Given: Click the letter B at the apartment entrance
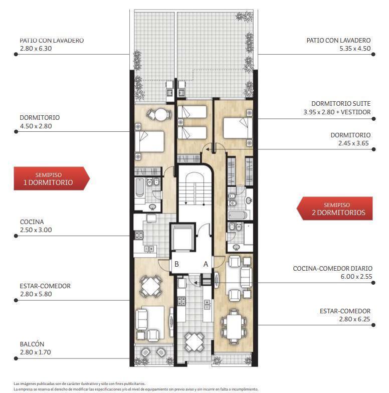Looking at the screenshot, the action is (x=176, y=264).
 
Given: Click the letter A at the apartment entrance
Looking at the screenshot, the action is (x=206, y=264).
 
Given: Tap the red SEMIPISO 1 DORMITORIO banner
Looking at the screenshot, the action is (x=52, y=178).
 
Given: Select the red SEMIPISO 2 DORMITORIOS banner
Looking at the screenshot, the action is (x=335, y=209).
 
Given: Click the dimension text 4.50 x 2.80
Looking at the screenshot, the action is (x=36, y=126).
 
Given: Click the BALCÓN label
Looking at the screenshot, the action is (x=32, y=344).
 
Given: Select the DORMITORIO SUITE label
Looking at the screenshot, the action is (x=341, y=103).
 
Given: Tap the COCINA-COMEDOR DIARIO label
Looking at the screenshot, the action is (x=333, y=269).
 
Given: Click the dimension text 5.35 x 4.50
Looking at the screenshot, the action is (x=355, y=48).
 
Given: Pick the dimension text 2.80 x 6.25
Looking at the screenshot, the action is (x=354, y=319).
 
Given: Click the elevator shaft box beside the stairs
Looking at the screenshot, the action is (x=182, y=237).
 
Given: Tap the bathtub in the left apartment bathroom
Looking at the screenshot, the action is (x=139, y=187).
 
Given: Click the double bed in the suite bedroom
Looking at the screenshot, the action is (x=238, y=128).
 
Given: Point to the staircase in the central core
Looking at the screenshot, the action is (x=194, y=188).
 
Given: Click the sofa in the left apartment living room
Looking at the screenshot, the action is (x=141, y=320).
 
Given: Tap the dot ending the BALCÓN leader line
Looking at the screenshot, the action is (x=16, y=358).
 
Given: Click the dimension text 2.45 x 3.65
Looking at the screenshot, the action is (x=353, y=143).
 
